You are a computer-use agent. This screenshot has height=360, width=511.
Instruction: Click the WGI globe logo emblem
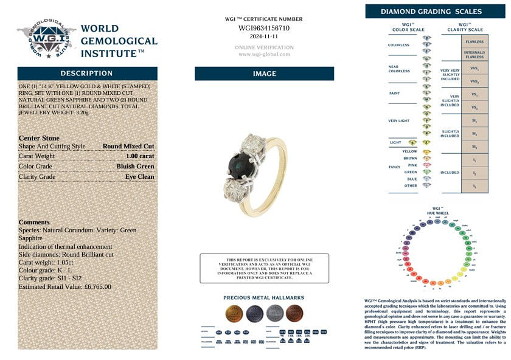click(x=44, y=40)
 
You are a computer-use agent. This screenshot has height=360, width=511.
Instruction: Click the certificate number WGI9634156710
click(x=264, y=28)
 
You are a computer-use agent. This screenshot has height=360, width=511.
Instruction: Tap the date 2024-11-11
click(x=264, y=36)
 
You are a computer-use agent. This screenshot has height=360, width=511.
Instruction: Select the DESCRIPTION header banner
click(x=87, y=74)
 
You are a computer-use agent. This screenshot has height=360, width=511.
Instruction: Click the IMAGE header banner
click(x=264, y=74)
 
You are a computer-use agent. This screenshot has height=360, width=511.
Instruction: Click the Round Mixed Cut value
click(x=128, y=147)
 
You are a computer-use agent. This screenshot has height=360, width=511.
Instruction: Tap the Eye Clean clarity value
click(x=139, y=177)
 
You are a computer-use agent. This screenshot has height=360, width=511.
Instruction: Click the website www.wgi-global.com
click(x=264, y=54)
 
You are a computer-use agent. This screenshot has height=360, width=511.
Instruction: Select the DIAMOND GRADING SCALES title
click(x=431, y=12)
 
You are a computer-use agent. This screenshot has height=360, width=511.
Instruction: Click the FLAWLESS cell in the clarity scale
click(x=474, y=42)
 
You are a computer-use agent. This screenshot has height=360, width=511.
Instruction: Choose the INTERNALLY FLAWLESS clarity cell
click(x=474, y=55)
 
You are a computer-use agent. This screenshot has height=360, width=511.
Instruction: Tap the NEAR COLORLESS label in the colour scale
click(x=399, y=68)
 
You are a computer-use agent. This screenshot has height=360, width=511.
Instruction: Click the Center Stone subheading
click(x=39, y=138)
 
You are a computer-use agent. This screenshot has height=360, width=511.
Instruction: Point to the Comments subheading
click(x=34, y=223)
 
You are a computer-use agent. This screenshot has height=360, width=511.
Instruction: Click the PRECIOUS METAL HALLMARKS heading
click(x=264, y=298)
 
